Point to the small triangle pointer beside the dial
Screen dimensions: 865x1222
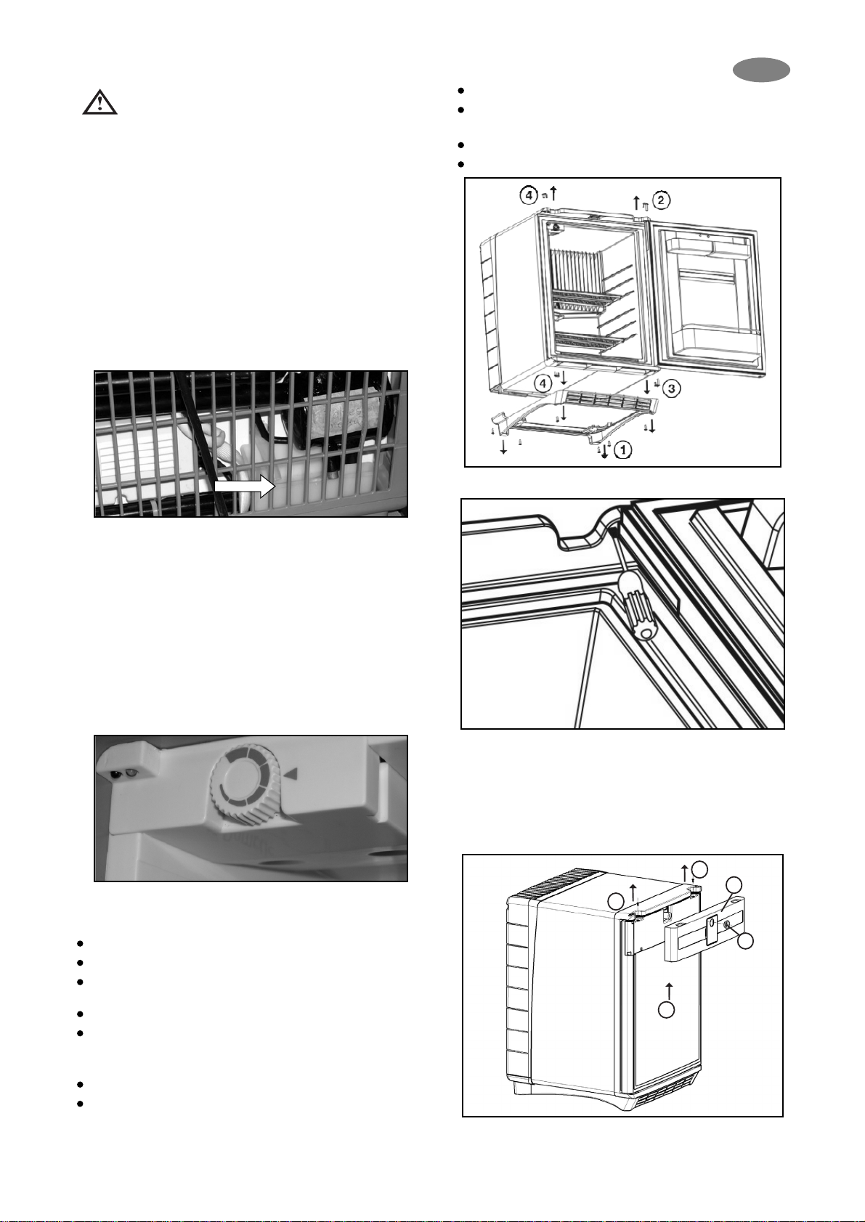(291, 773)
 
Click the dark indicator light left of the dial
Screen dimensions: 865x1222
(117, 774)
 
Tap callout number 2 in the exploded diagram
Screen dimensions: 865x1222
(660, 200)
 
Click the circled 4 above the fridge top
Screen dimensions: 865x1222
(528, 194)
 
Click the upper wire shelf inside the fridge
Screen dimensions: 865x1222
(587, 300)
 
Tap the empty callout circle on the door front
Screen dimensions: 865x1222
(666, 1010)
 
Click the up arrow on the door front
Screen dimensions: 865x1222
(669, 990)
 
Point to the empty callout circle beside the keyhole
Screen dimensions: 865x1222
(747, 940)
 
